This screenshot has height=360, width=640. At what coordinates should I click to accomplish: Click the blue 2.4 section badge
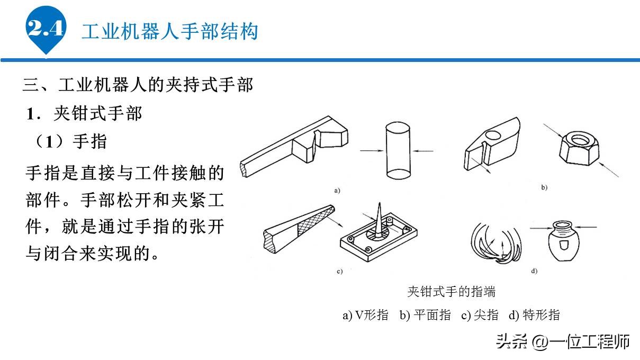tap(46, 29)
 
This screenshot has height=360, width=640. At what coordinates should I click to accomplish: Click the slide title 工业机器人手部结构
tap(169, 31)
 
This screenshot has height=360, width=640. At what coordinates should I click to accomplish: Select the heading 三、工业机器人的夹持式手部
tap(138, 84)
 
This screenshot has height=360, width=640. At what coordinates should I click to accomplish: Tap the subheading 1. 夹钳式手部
tap(85, 113)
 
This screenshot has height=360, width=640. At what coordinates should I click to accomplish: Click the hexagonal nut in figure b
tap(579, 145)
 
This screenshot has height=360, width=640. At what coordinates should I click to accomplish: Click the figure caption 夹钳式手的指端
tap(451, 291)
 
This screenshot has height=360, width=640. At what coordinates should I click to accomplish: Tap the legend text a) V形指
tap(365, 315)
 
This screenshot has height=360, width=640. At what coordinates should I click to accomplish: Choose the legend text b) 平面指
tap(425, 315)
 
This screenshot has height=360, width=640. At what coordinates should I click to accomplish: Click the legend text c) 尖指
tap(480, 315)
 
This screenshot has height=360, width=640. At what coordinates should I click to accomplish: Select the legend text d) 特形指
tap(534, 315)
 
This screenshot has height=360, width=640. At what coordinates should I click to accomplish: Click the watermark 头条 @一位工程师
tap(563, 341)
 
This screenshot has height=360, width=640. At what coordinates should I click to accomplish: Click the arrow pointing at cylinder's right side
tap(423, 151)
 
